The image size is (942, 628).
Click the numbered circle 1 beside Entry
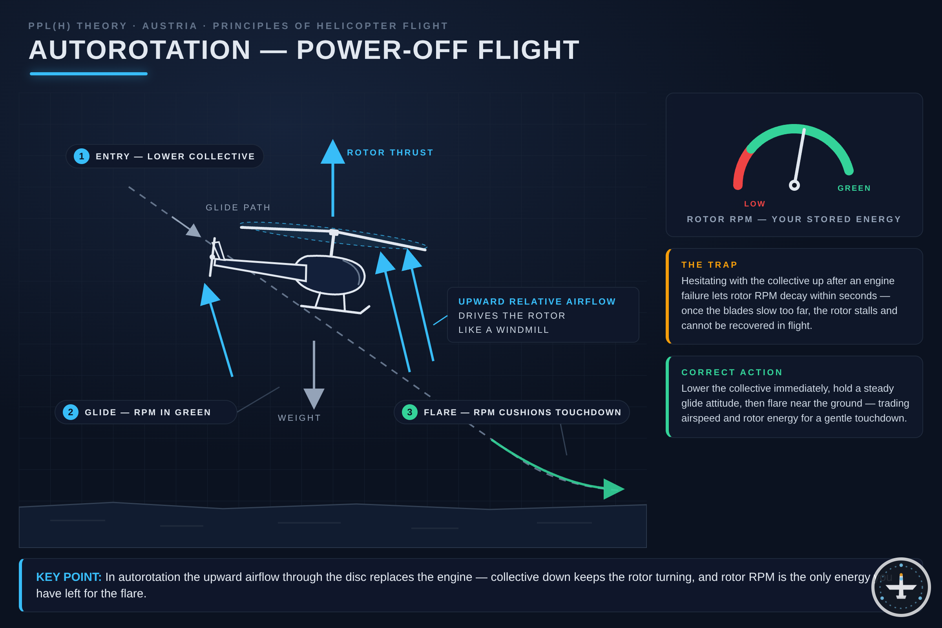81,156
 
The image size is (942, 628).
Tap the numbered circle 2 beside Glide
71,412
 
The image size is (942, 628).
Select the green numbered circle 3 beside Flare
409,412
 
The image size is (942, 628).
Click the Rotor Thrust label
390,153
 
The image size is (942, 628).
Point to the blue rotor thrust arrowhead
332,152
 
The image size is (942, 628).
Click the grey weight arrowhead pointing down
314,398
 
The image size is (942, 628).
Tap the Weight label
299,418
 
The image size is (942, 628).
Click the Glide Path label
238,208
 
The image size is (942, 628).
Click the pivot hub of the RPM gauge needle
794,185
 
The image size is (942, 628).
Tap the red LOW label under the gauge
754,204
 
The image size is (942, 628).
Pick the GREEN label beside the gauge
854,188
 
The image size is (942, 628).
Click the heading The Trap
709,265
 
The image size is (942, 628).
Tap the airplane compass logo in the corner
901,587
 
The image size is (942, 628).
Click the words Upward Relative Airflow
537,301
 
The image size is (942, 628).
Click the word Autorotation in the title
140,50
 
